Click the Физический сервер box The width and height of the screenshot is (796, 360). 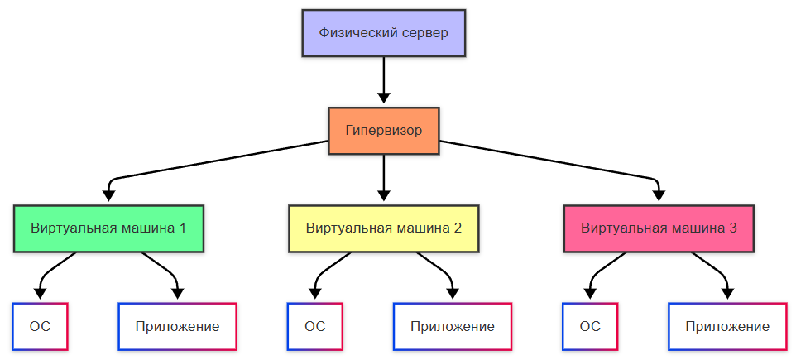[384, 34]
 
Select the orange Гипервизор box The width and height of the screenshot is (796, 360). [384, 131]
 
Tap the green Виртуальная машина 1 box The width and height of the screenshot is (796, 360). [108, 228]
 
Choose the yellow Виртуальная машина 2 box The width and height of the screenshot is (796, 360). [384, 228]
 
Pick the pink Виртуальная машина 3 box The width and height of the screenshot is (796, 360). [659, 228]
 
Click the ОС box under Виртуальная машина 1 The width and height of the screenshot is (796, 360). [40, 326]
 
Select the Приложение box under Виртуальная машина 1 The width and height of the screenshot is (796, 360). [178, 326]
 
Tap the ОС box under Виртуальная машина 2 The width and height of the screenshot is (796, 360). [314, 326]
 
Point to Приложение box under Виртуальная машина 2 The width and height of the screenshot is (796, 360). [453, 326]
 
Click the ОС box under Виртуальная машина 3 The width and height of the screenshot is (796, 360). [590, 326]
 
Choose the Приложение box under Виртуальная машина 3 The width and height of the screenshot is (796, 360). [727, 326]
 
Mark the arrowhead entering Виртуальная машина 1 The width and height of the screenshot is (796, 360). [108, 196]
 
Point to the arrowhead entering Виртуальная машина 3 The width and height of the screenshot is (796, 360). [659, 196]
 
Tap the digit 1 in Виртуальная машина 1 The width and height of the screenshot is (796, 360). [182, 228]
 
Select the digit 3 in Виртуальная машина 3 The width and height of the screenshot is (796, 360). [733, 228]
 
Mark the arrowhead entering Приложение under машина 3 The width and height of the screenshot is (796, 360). [727, 293]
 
